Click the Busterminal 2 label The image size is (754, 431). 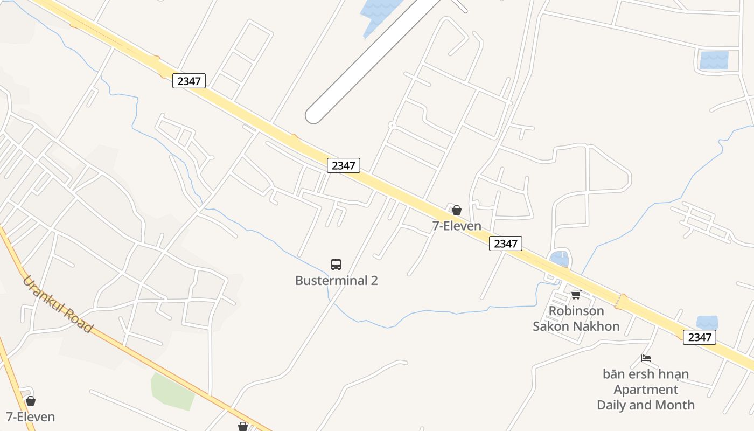coord(336,281)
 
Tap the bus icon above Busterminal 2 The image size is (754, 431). coord(336,265)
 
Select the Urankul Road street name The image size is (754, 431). coord(58,304)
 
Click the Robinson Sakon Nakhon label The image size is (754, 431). coord(576,318)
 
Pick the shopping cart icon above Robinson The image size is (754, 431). coord(576,295)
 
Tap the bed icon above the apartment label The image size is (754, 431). coord(646,358)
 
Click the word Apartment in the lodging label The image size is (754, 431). coord(646,390)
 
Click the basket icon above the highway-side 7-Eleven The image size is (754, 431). coord(457,210)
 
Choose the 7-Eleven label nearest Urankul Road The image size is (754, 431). coord(31,417)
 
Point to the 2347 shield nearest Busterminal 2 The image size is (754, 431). coord(343,165)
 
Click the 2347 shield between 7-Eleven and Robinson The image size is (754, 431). coord(506,244)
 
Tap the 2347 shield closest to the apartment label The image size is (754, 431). coord(700,337)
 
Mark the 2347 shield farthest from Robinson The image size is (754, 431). coord(188,81)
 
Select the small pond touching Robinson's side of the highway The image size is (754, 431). coord(560,260)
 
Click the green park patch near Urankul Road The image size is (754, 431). coord(172,391)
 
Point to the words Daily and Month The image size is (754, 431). coord(646,405)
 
